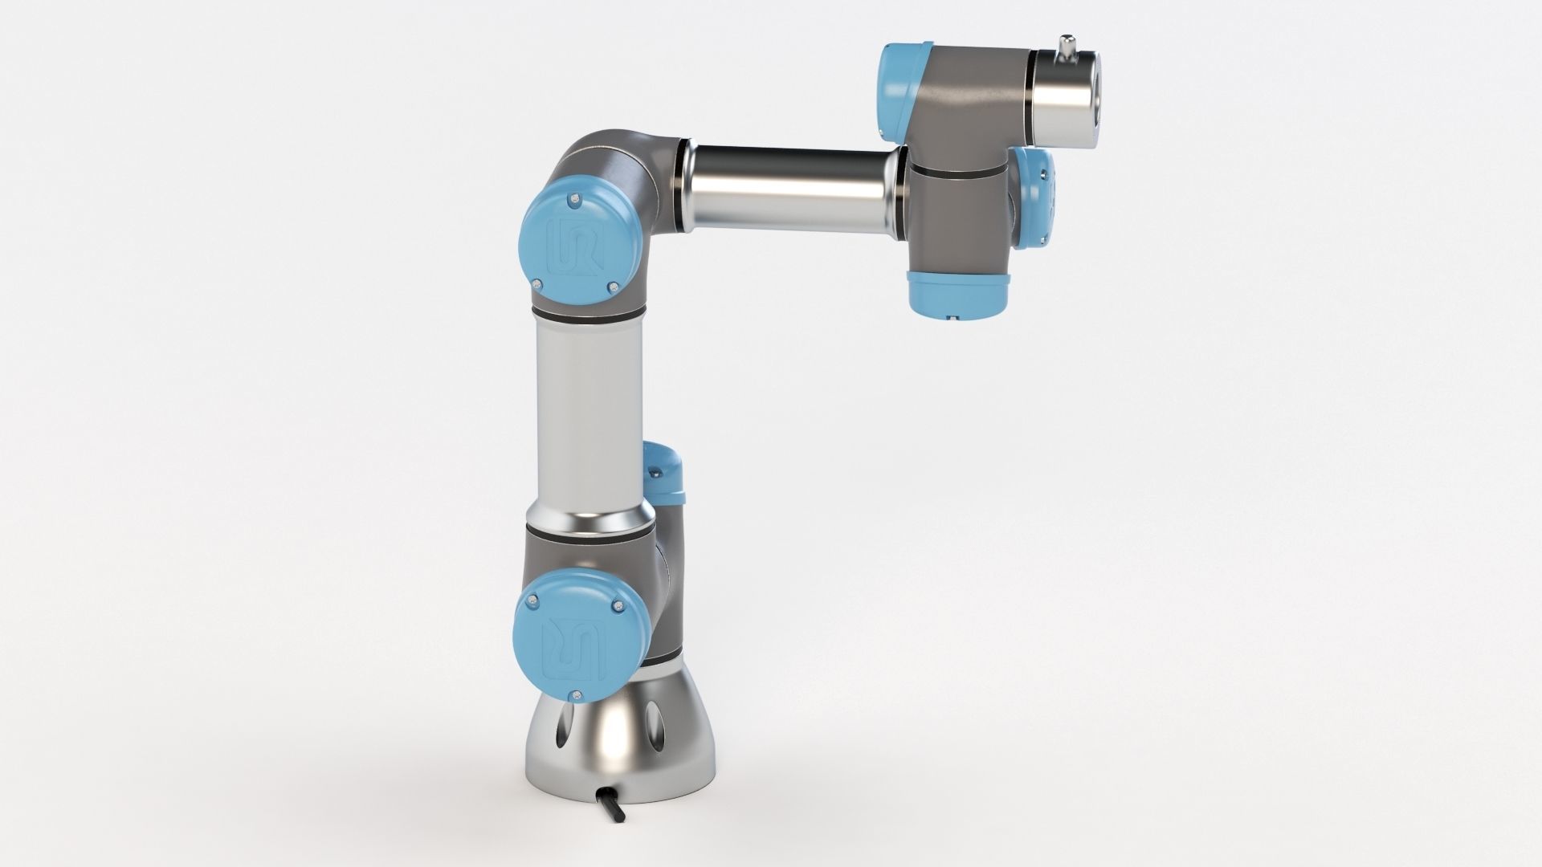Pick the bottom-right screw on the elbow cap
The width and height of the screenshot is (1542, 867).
click(614, 287)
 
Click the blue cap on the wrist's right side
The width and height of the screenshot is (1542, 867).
click(1036, 198)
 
